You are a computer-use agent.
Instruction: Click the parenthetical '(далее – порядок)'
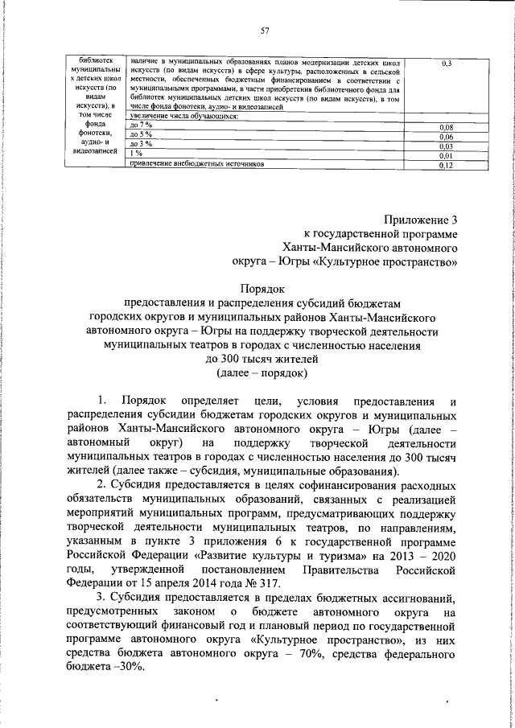tap(262, 372)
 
